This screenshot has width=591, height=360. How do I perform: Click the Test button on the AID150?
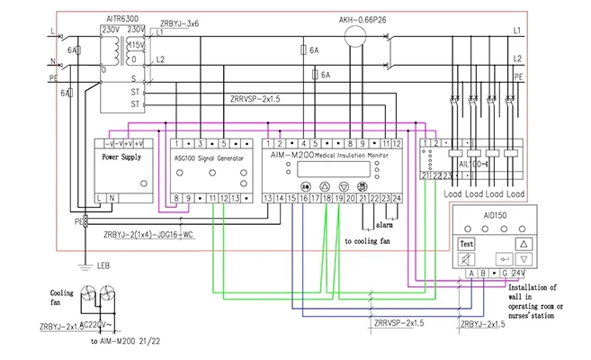point(467,244)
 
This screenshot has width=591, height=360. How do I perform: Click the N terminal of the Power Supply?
point(112,196)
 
